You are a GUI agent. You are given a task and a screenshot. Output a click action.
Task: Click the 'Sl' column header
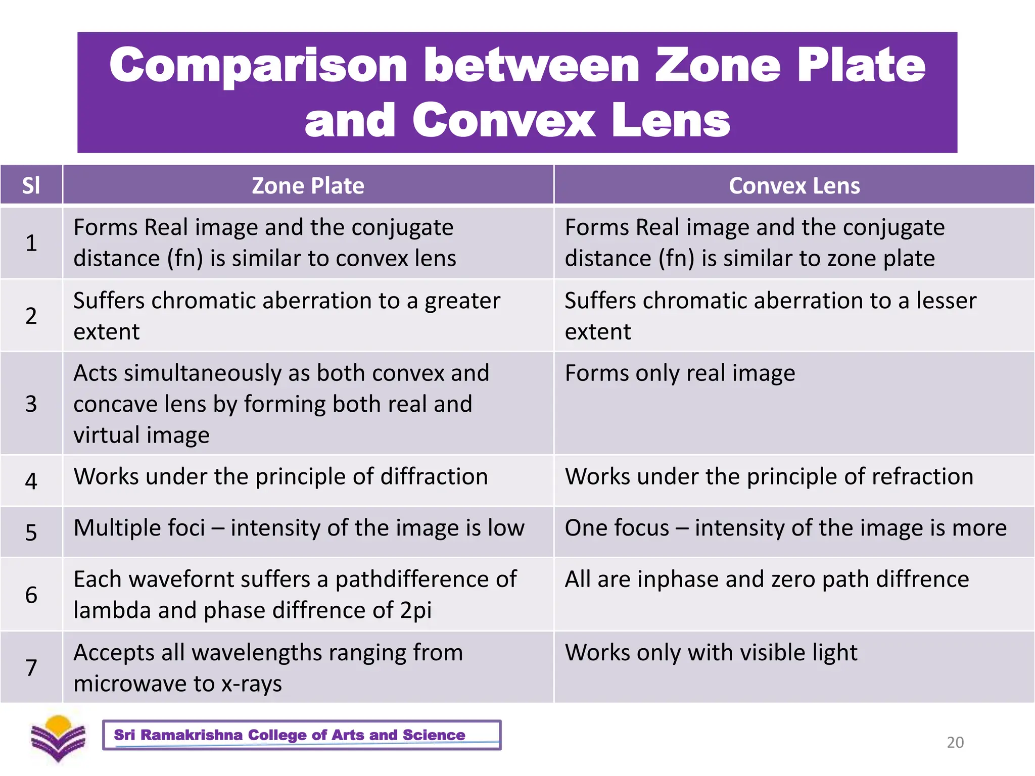31,185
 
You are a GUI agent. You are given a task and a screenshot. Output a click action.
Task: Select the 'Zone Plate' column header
308,185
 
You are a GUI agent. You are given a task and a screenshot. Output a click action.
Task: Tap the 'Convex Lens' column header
794,185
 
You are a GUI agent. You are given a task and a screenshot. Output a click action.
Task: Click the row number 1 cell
31,243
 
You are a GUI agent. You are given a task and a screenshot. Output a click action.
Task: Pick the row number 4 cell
31,480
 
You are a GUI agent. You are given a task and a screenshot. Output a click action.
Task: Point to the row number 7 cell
31,667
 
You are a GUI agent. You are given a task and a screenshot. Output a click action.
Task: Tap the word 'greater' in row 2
462,302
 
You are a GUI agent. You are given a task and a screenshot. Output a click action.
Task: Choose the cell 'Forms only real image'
680,373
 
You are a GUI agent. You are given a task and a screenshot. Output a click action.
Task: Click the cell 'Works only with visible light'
711,652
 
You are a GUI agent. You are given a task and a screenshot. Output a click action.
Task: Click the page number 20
955,742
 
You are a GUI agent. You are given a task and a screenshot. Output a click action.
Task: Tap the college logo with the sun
58,738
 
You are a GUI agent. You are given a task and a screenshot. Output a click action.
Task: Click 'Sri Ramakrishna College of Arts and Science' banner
301,735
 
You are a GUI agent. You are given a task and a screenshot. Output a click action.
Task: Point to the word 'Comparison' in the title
258,66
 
